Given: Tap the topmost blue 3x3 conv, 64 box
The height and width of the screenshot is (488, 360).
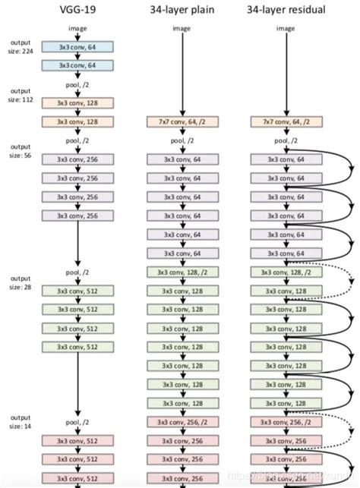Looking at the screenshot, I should coord(79,47).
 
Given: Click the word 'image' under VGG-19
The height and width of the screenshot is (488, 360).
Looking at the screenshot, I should coord(79,29).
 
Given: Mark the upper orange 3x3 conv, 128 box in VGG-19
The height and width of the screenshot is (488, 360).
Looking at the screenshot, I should coord(79,102).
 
